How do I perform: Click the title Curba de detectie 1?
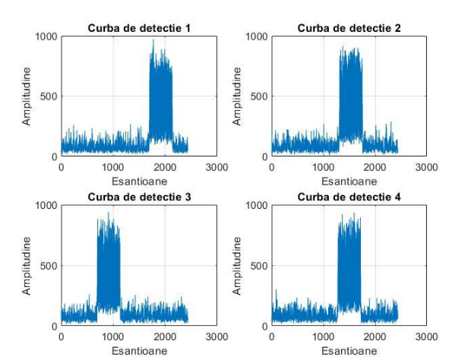pyautogui.click(x=138, y=28)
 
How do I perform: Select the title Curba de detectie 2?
pyautogui.click(x=349, y=28)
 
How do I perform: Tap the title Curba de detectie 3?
pyautogui.click(x=138, y=197)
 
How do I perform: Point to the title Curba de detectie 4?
pyautogui.click(x=349, y=197)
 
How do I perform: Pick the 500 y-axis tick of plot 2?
pyautogui.click(x=259, y=96)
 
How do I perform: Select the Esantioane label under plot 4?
pyautogui.click(x=349, y=351)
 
